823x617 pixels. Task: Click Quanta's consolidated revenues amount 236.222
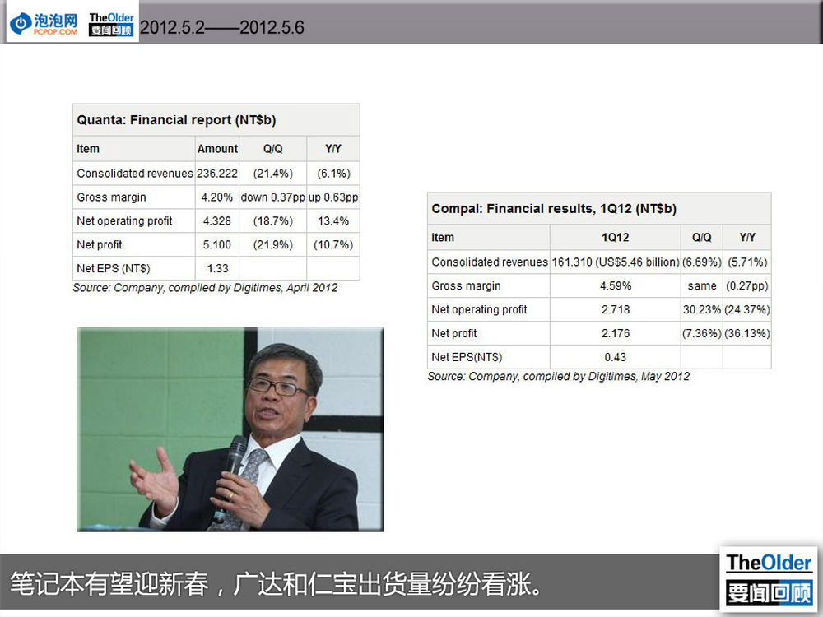click(216, 173)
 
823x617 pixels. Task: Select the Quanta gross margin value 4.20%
click(216, 197)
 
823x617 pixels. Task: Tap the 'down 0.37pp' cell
click(272, 197)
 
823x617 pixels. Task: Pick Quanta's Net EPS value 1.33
click(217, 269)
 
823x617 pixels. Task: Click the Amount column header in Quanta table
click(217, 149)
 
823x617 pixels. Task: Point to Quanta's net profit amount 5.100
click(216, 244)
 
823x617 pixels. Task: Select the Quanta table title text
click(176, 120)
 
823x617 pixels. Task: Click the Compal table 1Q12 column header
click(615, 238)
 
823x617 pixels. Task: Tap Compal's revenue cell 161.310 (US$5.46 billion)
click(615, 262)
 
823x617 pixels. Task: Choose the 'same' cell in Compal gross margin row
click(702, 286)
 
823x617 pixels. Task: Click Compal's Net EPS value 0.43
click(615, 357)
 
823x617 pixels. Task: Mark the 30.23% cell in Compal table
click(702, 309)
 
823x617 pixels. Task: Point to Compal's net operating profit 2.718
click(615, 309)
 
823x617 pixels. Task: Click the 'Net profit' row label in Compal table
click(454, 333)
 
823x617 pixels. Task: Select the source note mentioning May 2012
click(559, 377)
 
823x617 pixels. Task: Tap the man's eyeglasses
click(278, 387)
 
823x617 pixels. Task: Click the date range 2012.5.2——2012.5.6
click(222, 27)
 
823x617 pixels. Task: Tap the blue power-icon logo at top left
click(21, 23)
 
